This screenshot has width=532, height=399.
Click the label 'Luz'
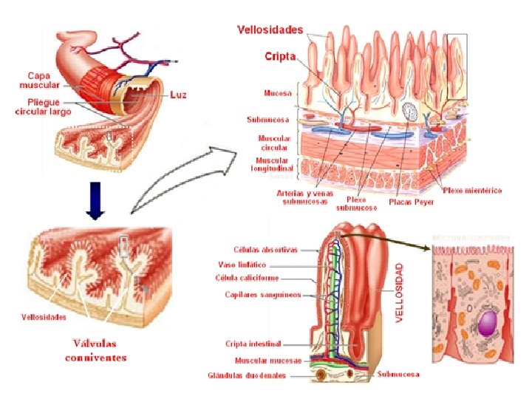178,95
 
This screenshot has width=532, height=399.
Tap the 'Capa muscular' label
38,80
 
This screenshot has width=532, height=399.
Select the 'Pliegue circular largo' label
43,107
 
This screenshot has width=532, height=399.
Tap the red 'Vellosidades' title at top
270,30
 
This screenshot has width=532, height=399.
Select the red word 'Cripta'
280,56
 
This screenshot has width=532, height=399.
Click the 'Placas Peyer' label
412,200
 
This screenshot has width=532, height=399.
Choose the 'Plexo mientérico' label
472,191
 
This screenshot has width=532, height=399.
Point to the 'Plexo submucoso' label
356,203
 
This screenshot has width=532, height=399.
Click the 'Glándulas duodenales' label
247,375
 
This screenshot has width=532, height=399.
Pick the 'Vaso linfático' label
247,264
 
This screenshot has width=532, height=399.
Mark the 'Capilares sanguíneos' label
263,294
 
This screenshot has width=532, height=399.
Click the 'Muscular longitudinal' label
274,164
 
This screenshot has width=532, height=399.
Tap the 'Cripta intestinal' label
253,344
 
